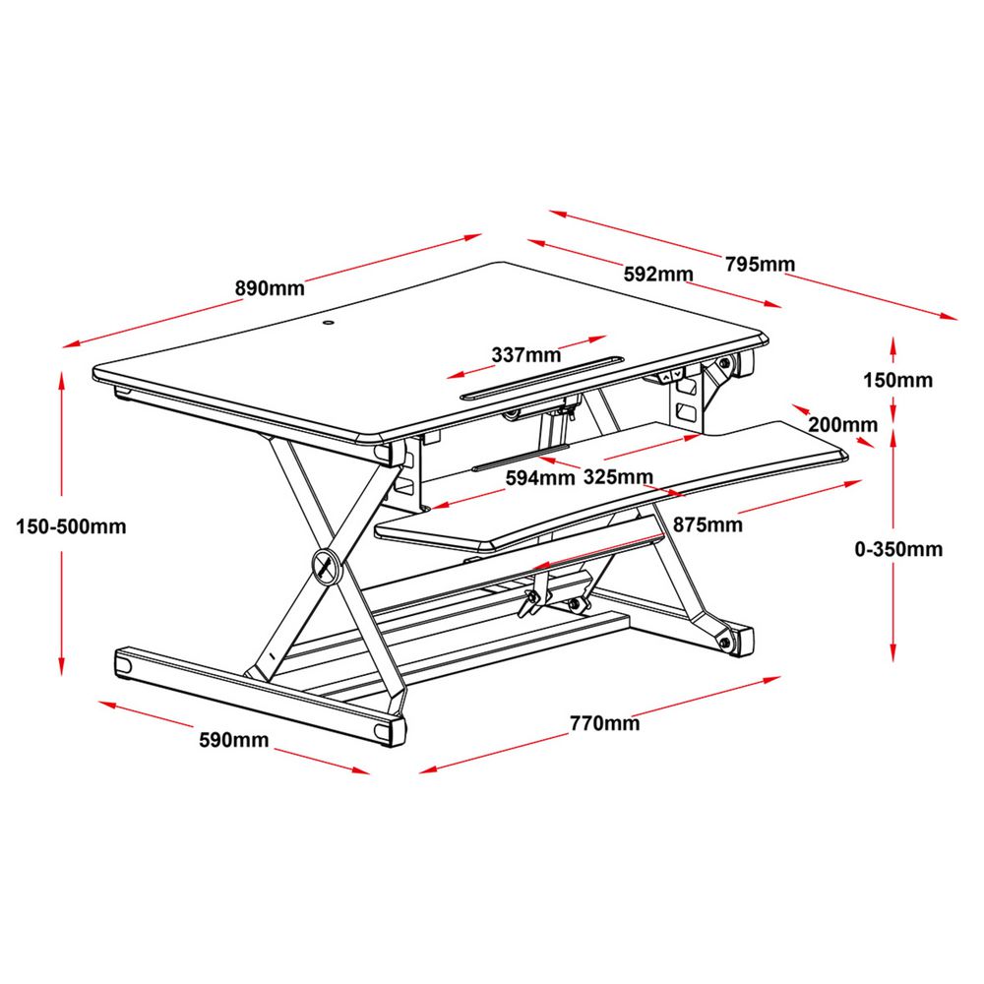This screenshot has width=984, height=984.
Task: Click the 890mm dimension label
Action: tap(269, 288)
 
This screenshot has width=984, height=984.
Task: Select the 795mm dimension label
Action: tap(760, 264)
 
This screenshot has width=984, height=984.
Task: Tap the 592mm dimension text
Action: tap(658, 274)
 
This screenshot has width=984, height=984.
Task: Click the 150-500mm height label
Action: tap(71, 526)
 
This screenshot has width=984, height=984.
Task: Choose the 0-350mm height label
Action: tap(898, 549)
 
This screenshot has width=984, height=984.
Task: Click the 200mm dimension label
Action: tap(841, 425)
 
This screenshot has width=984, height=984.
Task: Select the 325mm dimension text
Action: tap(619, 479)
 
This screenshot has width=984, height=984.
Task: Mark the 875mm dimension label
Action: tap(708, 524)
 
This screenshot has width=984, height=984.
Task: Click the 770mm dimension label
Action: tap(604, 724)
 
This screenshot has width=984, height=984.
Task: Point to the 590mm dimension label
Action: tap(234, 740)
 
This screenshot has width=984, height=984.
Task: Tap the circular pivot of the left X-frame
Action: tap(324, 564)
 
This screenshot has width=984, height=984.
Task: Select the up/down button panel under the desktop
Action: tap(672, 375)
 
